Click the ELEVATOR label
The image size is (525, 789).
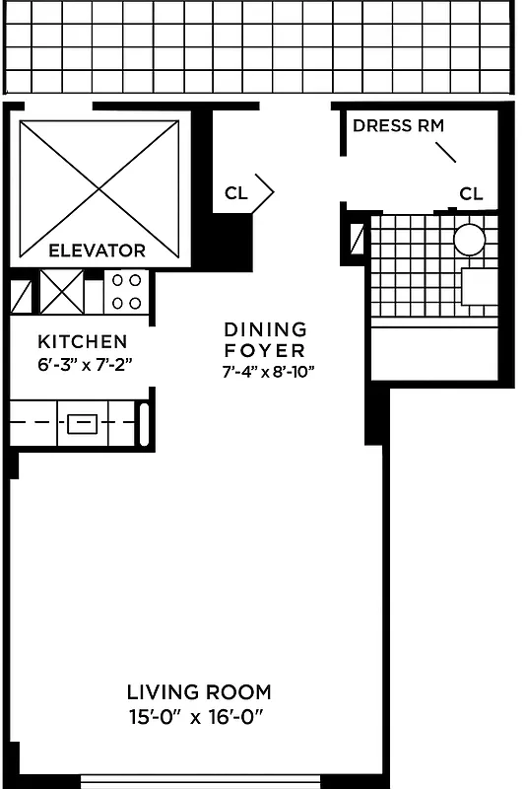(98, 251)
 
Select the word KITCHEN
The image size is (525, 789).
(82, 342)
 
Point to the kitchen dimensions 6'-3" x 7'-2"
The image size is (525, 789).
(84, 363)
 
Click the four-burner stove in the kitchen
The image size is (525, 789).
(125, 293)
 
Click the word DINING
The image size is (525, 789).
(265, 329)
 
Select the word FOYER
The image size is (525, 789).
(264, 350)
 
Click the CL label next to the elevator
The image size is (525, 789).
(235, 193)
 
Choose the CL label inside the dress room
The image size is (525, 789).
(472, 193)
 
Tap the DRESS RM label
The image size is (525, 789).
(398, 125)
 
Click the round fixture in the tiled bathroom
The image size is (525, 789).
(470, 240)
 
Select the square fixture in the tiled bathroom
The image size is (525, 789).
(480, 286)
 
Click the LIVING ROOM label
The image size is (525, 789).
(199, 692)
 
